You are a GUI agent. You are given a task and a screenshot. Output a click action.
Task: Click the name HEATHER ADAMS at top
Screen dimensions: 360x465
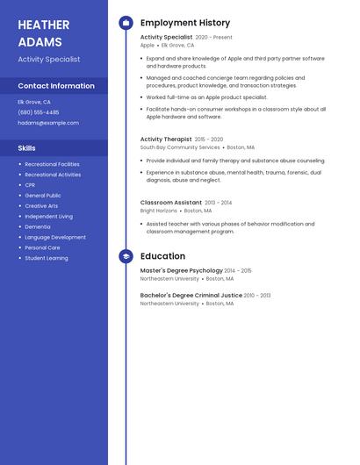40,32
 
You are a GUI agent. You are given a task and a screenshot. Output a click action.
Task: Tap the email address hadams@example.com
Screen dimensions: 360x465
48,123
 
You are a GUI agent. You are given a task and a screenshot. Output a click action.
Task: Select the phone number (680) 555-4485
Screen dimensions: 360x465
39,112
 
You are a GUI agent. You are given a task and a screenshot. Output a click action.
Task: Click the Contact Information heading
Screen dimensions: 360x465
56,86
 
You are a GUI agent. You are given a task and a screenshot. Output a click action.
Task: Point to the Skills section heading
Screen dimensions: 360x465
27,148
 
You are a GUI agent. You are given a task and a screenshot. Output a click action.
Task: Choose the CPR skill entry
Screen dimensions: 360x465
30,185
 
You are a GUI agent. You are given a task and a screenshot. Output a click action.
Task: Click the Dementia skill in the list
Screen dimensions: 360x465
38,226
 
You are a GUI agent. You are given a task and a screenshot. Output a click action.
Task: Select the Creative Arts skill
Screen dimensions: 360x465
41,206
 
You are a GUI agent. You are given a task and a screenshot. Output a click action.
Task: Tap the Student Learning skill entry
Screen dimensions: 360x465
47,258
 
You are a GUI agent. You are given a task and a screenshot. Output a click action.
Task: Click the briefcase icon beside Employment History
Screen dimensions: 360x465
126,23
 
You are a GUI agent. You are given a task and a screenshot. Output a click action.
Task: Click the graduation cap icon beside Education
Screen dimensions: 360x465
126,256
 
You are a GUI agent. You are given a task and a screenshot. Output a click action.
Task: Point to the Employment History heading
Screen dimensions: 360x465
185,23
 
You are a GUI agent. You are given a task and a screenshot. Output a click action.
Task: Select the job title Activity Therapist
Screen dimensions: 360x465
166,139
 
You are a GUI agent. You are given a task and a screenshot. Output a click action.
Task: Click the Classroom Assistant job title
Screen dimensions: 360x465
171,202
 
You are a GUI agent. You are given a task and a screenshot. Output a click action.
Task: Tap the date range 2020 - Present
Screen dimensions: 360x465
213,38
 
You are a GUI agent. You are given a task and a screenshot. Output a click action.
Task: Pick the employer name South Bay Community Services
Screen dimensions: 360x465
180,147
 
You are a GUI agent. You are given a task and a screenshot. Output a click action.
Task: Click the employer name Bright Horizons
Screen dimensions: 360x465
159,211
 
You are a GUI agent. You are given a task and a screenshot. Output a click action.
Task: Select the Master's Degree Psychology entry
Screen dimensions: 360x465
182,270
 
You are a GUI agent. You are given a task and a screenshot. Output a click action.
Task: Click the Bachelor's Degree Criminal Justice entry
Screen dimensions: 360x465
191,296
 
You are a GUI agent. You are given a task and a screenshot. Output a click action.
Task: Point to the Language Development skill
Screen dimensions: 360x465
55,237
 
